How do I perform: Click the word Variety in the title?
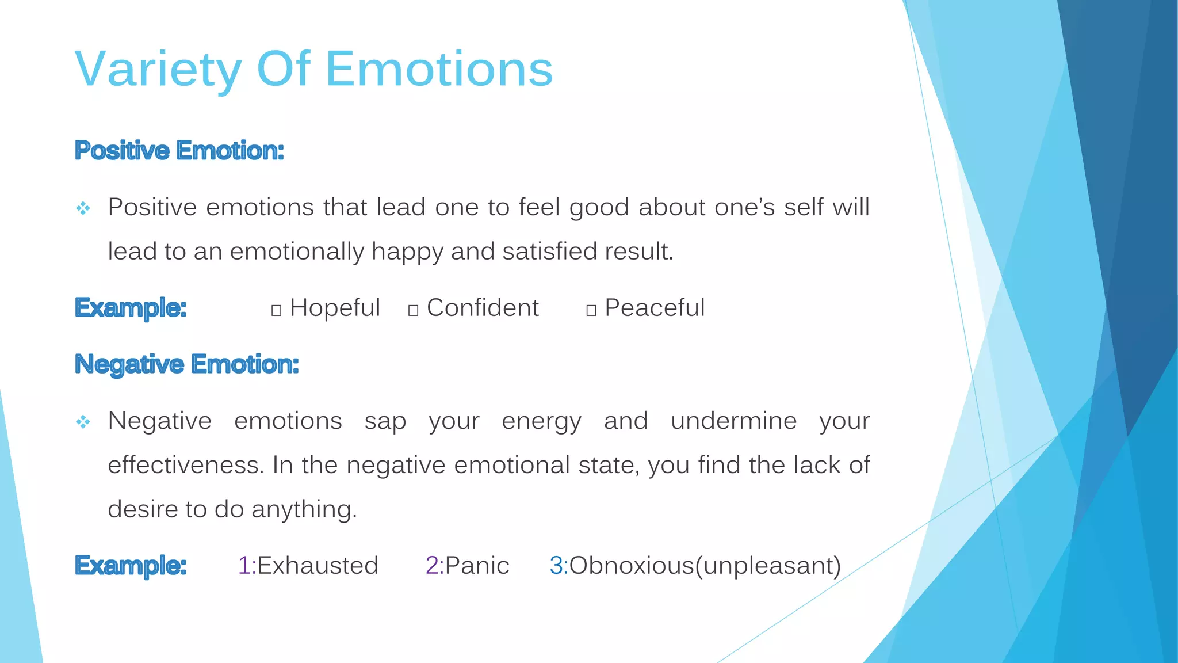click(x=158, y=69)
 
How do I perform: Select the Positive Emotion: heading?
click(x=179, y=151)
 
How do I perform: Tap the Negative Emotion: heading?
click(x=187, y=364)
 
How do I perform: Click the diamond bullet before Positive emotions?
click(x=83, y=208)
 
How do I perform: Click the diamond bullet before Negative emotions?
click(x=83, y=422)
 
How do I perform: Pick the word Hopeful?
click(x=335, y=308)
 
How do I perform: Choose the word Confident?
click(x=483, y=308)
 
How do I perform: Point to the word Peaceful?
click(x=655, y=308)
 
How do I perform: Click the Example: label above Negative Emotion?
click(x=131, y=308)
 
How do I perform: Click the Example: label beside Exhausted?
click(x=131, y=566)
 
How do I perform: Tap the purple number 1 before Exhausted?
click(x=244, y=566)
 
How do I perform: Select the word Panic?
click(x=477, y=566)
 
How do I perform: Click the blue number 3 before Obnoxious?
click(x=556, y=566)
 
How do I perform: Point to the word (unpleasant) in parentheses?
click(x=768, y=566)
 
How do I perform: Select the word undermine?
click(x=733, y=421)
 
